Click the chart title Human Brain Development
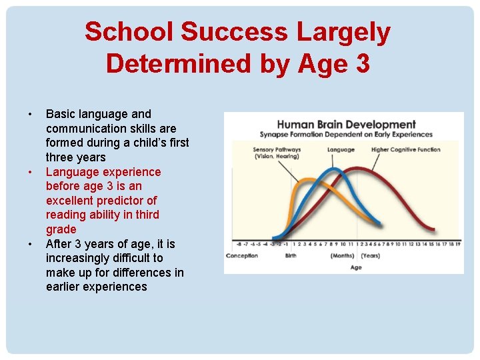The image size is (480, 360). coord(346,124)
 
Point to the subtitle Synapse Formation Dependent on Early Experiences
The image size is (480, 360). coord(346,135)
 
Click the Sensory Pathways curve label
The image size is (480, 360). coord(277,153)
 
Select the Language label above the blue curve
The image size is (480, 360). coord(341,150)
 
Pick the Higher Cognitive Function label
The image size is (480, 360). coord(405,150)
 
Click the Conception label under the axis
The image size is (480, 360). coord(242,256)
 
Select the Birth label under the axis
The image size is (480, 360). coord(291,256)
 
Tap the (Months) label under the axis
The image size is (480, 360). coord(343,256)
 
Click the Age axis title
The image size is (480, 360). coord(356,267)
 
